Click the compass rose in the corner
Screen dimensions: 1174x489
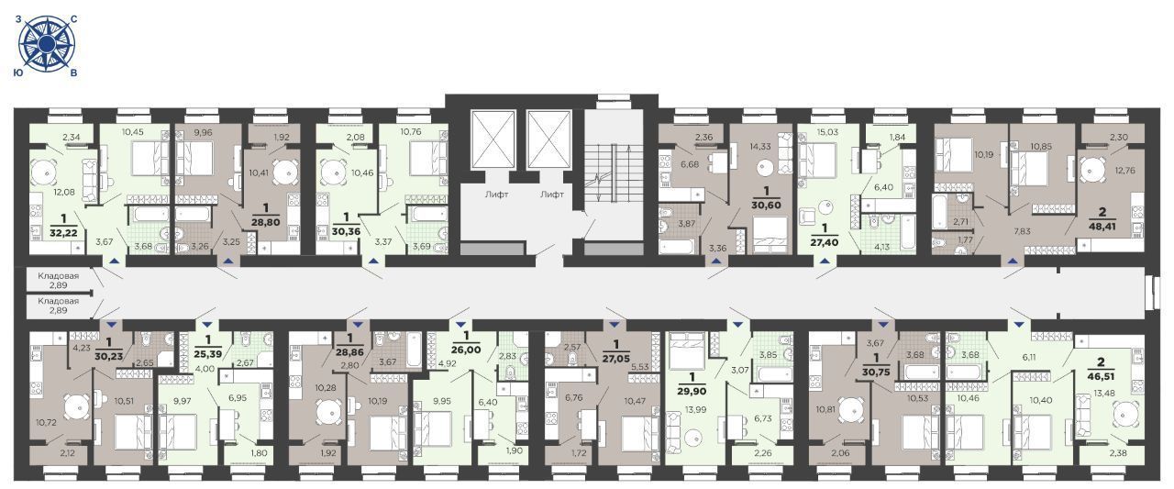[47, 43]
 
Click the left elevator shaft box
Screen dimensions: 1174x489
[493, 139]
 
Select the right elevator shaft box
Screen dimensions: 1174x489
[548, 139]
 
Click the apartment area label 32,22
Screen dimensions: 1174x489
[67, 232]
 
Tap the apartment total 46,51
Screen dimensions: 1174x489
[1102, 376]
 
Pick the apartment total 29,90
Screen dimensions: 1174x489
[692, 391]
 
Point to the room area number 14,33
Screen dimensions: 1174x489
[760, 147]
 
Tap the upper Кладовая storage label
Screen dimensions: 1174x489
[58, 275]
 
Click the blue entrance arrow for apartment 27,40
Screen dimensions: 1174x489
[825, 260]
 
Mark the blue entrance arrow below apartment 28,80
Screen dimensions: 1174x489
[228, 260]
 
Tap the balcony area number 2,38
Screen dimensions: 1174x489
[1118, 453]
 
